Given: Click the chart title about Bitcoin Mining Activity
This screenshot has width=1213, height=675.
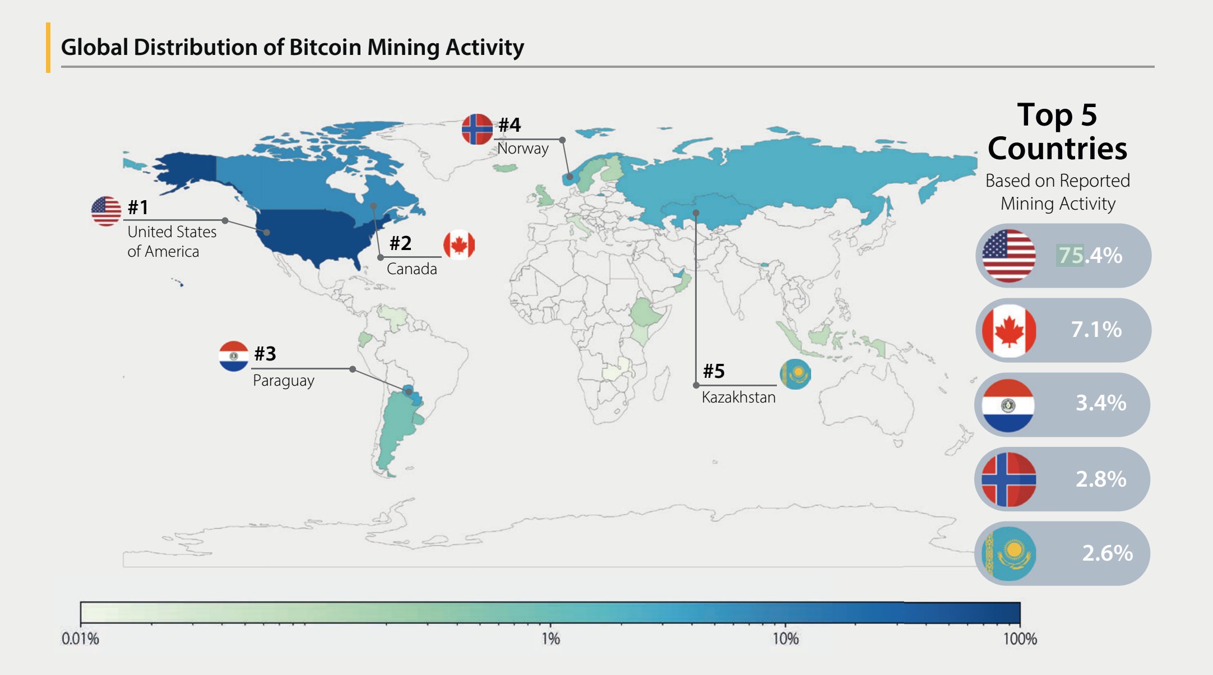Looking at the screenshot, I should pos(292,47).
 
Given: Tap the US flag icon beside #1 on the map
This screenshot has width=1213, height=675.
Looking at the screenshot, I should pos(106,211).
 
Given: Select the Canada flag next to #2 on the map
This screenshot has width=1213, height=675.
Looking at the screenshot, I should pos(459,245).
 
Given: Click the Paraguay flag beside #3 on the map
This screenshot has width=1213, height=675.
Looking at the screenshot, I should pos(233,356).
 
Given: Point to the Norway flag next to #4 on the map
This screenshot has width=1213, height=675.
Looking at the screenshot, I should pos(477,128).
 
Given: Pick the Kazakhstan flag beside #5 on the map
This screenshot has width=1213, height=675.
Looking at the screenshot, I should pos(795,374).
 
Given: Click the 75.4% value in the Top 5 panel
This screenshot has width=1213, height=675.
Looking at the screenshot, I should pos(1090,255).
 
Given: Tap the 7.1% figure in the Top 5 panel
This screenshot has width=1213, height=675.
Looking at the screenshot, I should pos(1096,329).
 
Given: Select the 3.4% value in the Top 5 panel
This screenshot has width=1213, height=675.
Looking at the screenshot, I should pos(1101,403).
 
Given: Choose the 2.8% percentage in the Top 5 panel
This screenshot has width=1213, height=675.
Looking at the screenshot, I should pos(1101,479).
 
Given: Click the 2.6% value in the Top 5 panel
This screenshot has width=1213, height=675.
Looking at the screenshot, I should pos(1107,553).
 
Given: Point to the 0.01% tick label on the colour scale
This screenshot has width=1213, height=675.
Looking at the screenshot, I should pos(80,639).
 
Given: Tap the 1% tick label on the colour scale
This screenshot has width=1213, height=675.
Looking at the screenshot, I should pos(550,639).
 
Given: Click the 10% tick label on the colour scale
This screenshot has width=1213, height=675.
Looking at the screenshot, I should pos(785,639).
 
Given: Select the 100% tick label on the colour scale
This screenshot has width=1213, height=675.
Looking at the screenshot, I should pos(1020,639).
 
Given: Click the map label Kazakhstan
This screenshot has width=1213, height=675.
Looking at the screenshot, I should pos(738,397).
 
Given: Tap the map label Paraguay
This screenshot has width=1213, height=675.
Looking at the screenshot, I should pos(283,380).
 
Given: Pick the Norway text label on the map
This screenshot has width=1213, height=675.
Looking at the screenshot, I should pos(522,148).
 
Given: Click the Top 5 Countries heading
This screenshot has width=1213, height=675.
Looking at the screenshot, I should pos(1057,132).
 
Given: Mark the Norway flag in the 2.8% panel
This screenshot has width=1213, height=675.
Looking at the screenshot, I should pos(1008,479).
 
